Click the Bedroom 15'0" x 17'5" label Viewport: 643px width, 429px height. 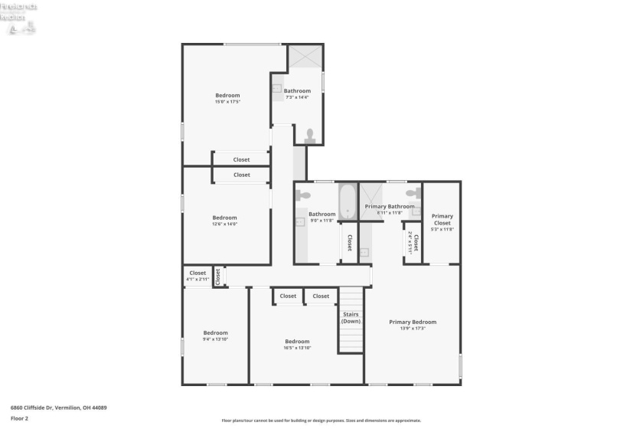click(x=227, y=96)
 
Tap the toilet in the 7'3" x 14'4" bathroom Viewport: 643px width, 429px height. click(x=310, y=136)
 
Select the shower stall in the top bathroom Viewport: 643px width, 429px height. click(x=305, y=57)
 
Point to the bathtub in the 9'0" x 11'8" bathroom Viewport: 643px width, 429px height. click(x=348, y=201)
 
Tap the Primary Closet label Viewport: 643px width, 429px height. click(x=442, y=220)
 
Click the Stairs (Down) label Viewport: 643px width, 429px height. click(x=351, y=317)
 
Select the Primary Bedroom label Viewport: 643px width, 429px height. click(x=413, y=322)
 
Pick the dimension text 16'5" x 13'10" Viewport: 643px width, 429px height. click(x=297, y=348)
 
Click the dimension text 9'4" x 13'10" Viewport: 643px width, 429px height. click(x=216, y=339)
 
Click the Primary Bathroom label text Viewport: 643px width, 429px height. click(x=390, y=206)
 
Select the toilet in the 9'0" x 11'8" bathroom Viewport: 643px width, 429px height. click(x=301, y=195)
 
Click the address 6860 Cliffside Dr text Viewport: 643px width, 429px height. click(x=58, y=408)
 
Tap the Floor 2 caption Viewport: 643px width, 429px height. click(x=19, y=419)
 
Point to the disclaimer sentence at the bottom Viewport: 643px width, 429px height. click(x=321, y=421)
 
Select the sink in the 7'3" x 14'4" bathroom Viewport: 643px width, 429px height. click(x=277, y=89)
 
